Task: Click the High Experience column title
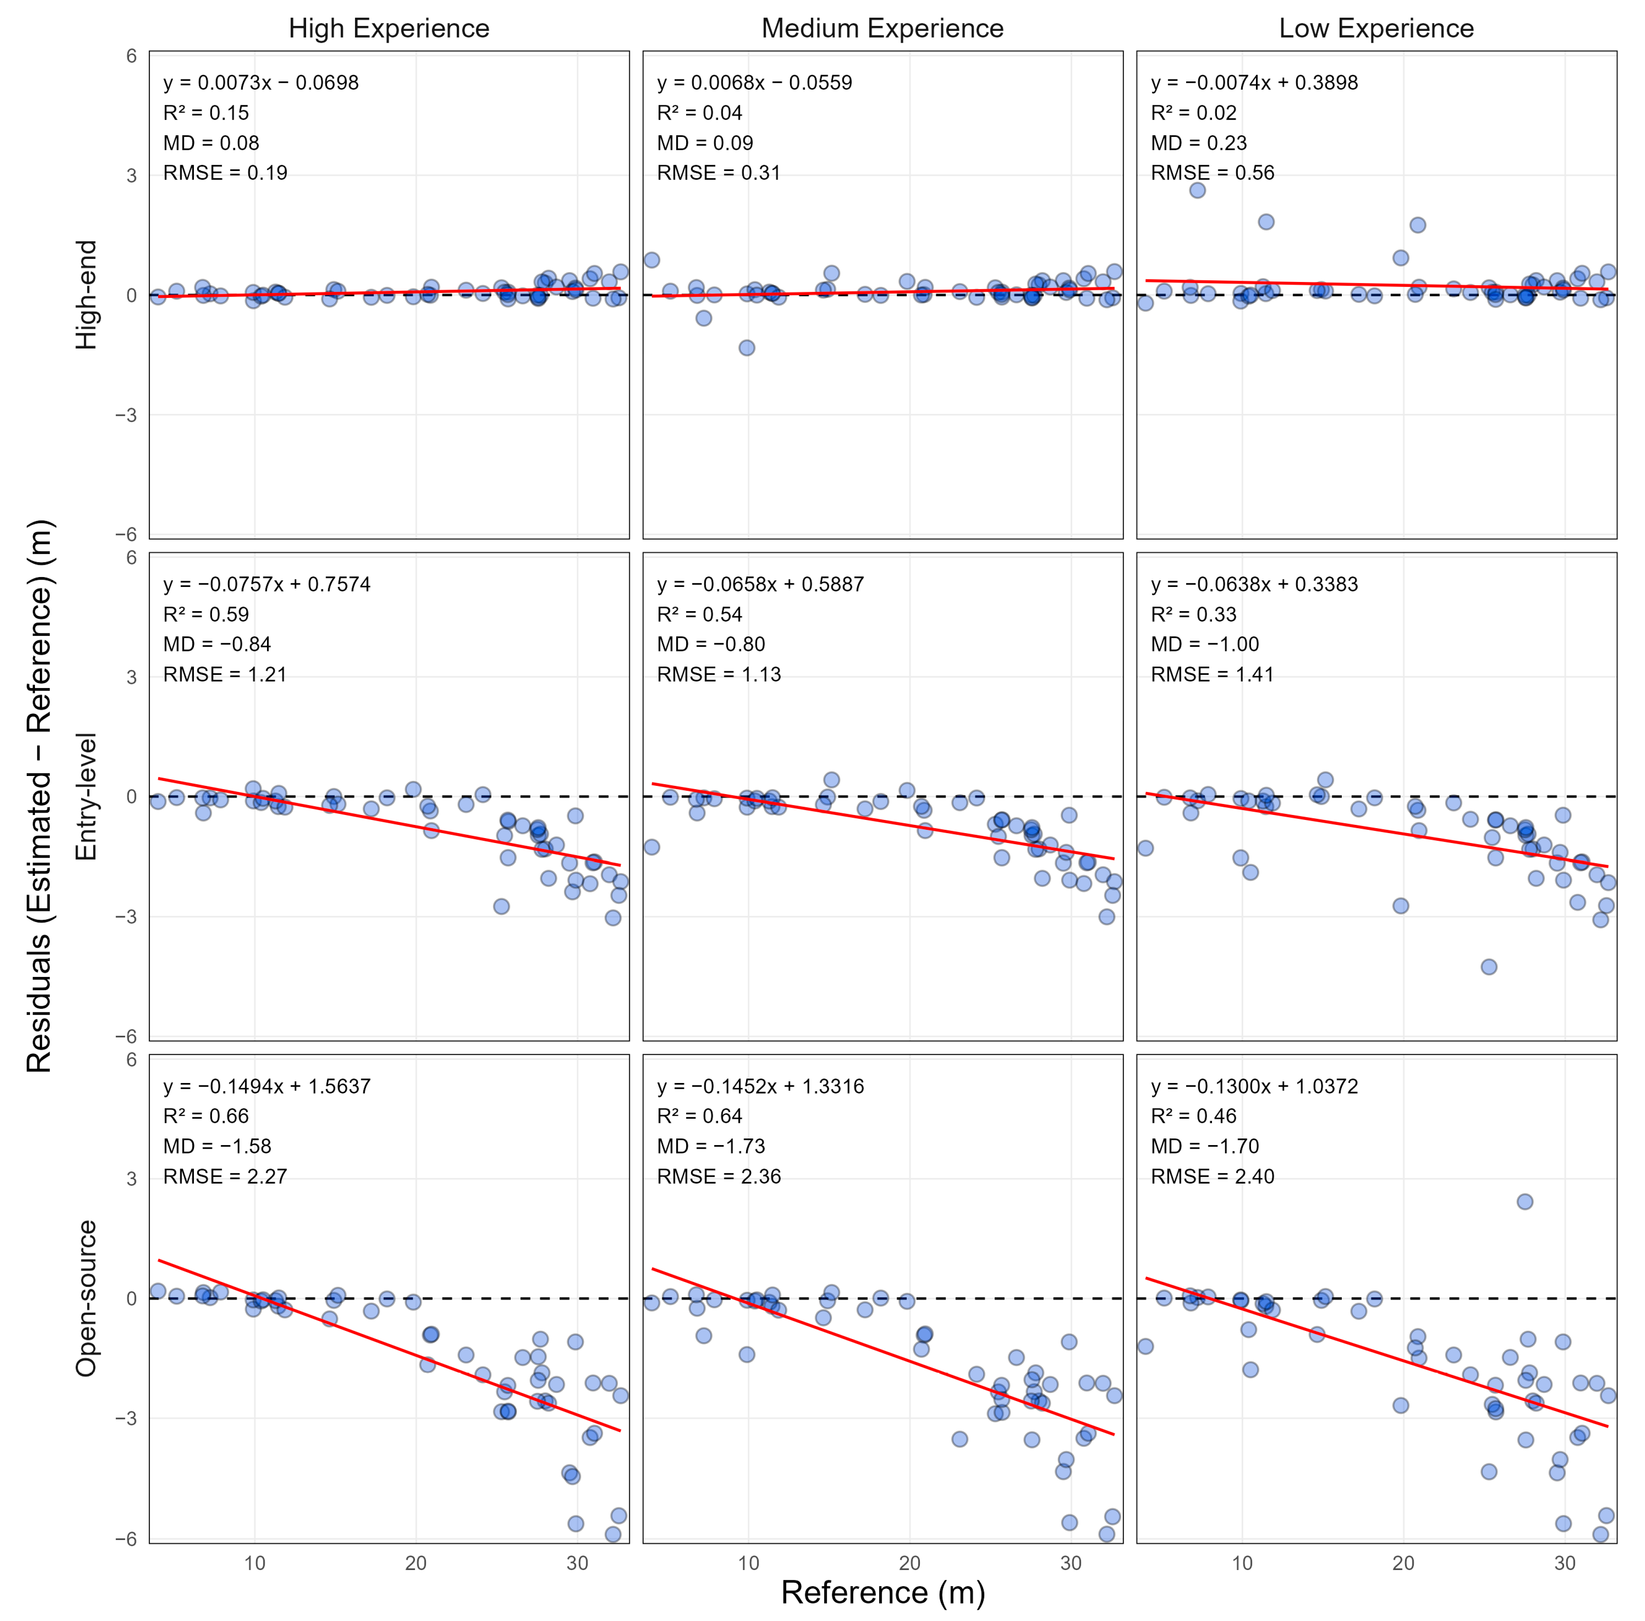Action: [x=389, y=28]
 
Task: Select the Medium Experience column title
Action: [x=882, y=28]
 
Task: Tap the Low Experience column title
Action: [x=1376, y=28]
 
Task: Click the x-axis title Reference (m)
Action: [x=882, y=1592]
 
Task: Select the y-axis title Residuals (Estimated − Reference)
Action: [x=39, y=796]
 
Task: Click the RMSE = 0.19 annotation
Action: [x=226, y=173]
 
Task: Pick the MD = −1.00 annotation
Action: [x=1205, y=644]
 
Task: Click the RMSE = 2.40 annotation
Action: [x=1213, y=1177]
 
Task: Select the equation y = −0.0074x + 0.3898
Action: [x=1254, y=83]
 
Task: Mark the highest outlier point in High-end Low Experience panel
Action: [x=1197, y=190]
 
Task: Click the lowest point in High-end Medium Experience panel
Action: [x=746, y=347]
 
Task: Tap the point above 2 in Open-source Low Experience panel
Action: [x=1525, y=1201]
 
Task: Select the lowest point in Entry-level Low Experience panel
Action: [x=1488, y=966]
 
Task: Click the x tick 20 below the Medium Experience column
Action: [x=910, y=1563]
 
